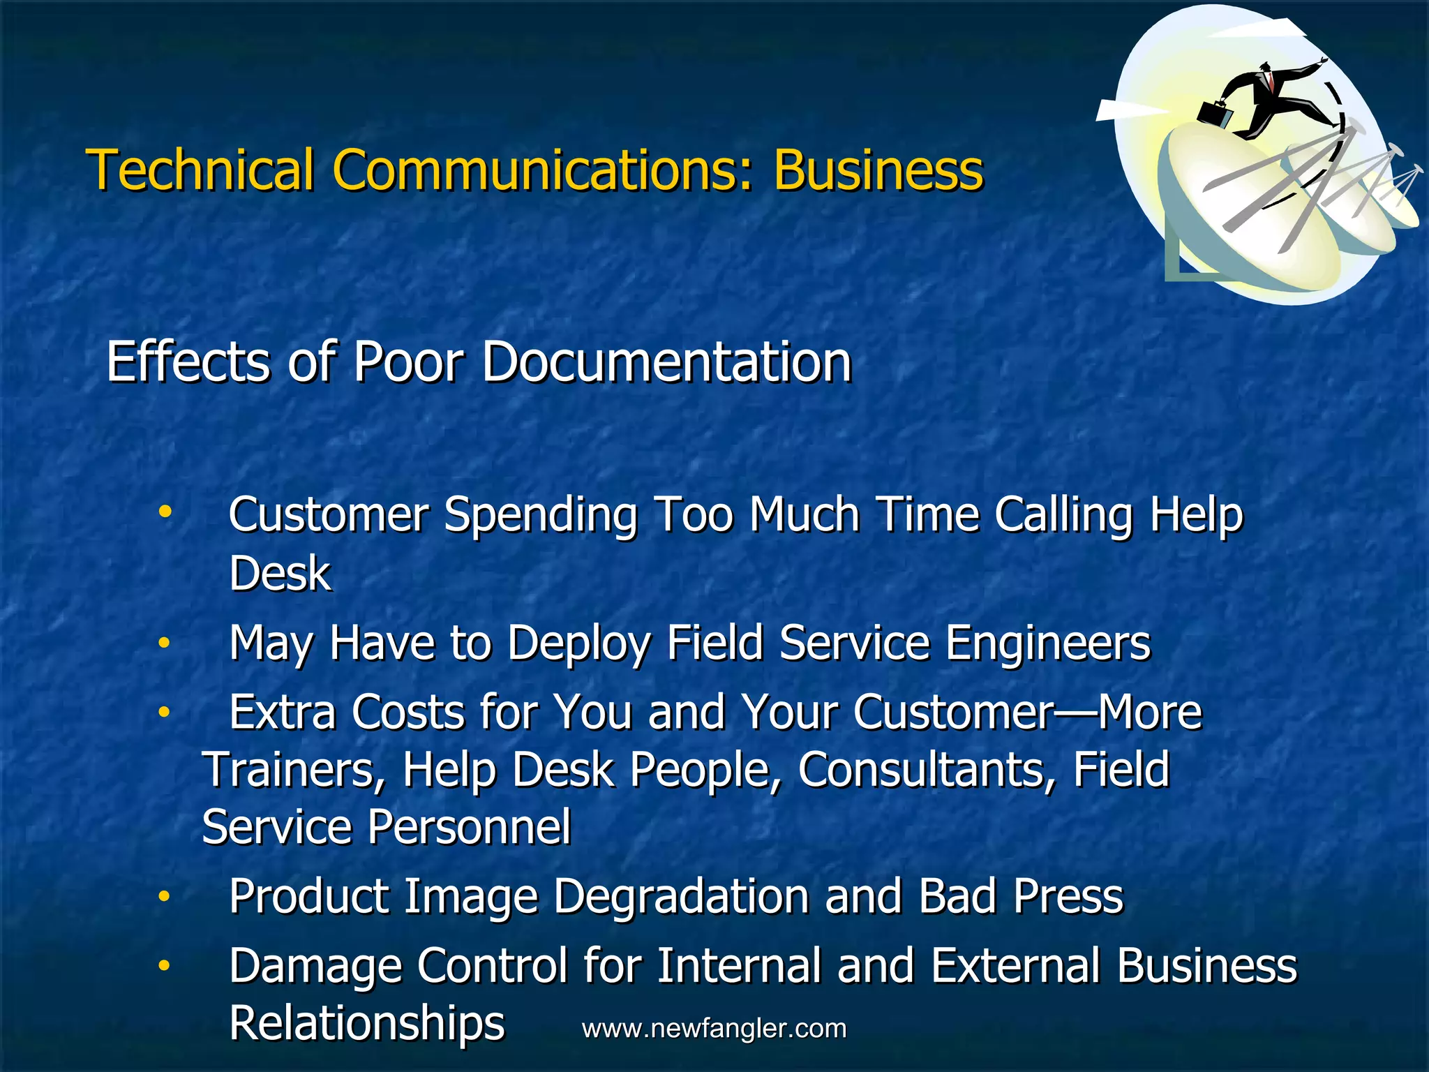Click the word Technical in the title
coord(200,170)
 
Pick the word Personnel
coord(469,827)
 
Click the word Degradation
coord(681,898)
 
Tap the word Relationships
coord(367,1025)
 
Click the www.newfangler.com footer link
coord(714,1029)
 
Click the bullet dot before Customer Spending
coord(165,513)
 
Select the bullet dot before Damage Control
coord(164,966)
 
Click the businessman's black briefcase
coord(1215,112)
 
